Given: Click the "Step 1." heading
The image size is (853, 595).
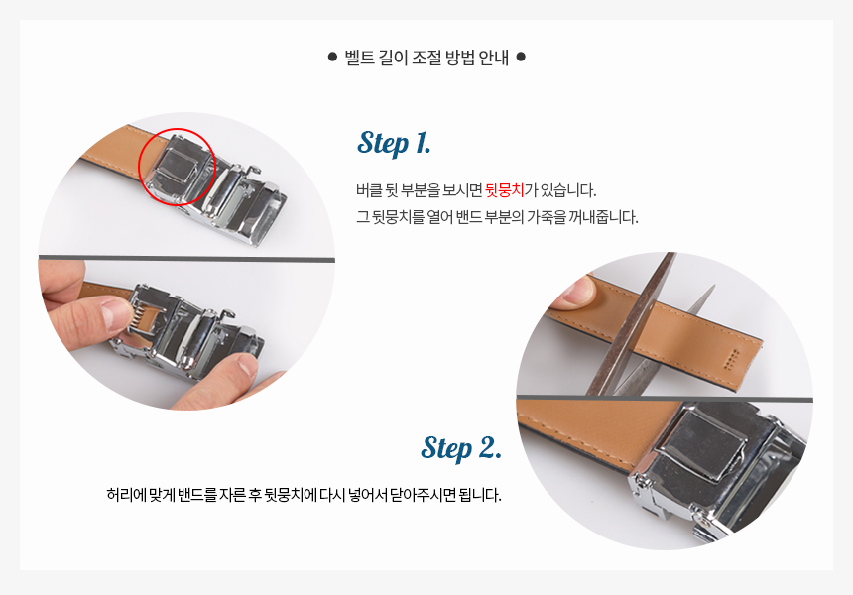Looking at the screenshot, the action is point(395,143).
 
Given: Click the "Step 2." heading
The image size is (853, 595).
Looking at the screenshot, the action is point(461,448).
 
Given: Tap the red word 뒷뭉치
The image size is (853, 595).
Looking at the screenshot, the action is point(505,190).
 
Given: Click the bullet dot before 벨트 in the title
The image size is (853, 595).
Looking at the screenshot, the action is point(333,56).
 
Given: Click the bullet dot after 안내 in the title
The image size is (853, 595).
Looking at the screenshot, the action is point(521,56).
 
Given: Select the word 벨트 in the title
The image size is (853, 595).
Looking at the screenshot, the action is point(360,57).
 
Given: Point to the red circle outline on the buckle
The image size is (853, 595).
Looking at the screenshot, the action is point(178,129).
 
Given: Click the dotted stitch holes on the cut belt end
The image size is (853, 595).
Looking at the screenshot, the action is point(729,358).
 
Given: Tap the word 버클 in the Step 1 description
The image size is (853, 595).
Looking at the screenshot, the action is point(369,190).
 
